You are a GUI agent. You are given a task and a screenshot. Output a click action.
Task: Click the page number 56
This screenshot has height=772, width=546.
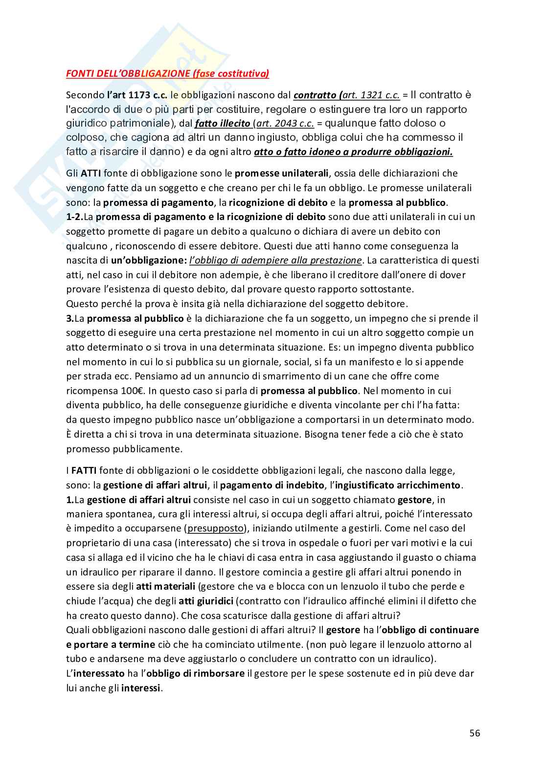pyautogui.click(x=474, y=732)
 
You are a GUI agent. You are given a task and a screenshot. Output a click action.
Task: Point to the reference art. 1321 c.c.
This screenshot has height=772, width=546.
pyautogui.click(x=372, y=95)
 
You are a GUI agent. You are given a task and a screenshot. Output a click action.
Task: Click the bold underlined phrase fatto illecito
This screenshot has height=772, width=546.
pyautogui.click(x=222, y=123)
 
